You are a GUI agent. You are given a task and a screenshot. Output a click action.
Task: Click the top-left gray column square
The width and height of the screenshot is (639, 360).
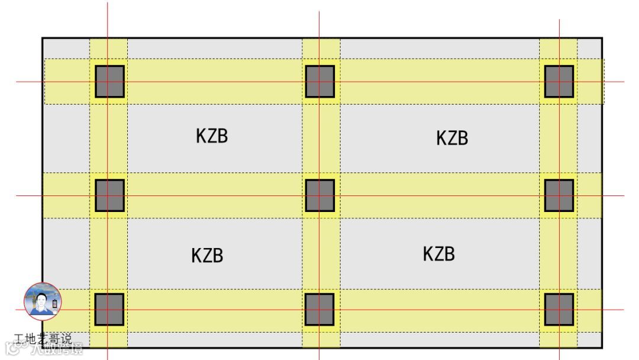pyautogui.click(x=109, y=81)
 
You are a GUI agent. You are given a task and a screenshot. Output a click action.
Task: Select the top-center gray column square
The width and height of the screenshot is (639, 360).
pyautogui.click(x=320, y=81)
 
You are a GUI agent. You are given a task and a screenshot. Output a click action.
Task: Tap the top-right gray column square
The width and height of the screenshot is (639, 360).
pyautogui.click(x=559, y=81)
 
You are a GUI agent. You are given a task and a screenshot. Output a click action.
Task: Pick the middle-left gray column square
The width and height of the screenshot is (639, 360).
pyautogui.click(x=109, y=195)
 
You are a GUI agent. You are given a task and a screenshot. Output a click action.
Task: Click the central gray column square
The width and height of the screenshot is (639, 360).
pyautogui.click(x=320, y=195)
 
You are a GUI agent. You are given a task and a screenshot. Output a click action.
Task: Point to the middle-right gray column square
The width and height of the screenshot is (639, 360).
pyautogui.click(x=559, y=195)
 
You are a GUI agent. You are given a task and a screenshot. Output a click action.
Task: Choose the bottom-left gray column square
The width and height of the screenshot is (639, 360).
pyautogui.click(x=109, y=309)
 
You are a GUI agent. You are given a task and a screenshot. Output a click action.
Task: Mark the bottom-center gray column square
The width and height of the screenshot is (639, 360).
pyautogui.click(x=320, y=309)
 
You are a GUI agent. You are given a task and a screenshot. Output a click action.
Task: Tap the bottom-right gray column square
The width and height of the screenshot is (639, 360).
pyautogui.click(x=559, y=309)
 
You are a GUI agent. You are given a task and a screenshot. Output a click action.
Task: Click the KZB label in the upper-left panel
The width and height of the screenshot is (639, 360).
pyautogui.click(x=212, y=136)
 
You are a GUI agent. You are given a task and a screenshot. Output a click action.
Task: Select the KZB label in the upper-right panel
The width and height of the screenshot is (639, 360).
pyautogui.click(x=452, y=138)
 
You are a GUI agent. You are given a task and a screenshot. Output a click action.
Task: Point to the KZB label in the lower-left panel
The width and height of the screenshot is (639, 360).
pyautogui.click(x=207, y=256)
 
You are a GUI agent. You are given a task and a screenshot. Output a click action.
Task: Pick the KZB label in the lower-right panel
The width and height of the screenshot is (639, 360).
pyautogui.click(x=438, y=254)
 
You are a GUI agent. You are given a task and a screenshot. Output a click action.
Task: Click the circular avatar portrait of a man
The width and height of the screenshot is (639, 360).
pyautogui.click(x=43, y=301)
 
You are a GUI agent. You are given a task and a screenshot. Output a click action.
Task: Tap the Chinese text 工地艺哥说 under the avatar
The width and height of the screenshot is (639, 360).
pyautogui.click(x=43, y=339)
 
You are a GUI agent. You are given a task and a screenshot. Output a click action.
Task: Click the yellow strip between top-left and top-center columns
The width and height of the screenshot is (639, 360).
pyautogui.click(x=215, y=81)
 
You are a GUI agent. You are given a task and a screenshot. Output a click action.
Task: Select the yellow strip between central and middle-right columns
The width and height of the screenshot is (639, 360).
pyautogui.click(x=440, y=195)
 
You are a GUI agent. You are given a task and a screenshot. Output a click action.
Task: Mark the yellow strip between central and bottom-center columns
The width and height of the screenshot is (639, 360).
pyautogui.click(x=320, y=253)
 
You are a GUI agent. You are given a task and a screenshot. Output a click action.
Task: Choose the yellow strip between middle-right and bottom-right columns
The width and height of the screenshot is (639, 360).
pyautogui.click(x=559, y=253)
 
